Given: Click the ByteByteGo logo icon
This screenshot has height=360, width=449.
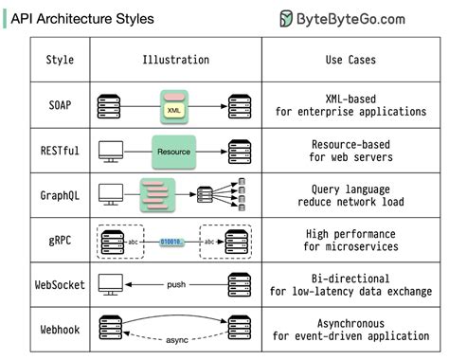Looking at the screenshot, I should tap(288, 18).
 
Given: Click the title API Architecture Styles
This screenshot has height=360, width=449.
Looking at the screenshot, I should tap(82, 19).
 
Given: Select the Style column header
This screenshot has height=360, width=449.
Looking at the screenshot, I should tap(59, 60).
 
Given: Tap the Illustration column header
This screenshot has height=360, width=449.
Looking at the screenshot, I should tap(175, 60).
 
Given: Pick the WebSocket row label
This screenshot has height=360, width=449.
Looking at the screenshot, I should tap(59, 284).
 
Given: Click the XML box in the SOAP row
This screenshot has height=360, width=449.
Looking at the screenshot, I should tap(173, 109).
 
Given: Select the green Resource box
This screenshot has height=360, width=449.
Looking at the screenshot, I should tap(174, 151).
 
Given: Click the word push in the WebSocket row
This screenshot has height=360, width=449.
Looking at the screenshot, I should tap(176, 283).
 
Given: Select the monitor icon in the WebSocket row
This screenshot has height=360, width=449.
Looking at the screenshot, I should tap(112, 284).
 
